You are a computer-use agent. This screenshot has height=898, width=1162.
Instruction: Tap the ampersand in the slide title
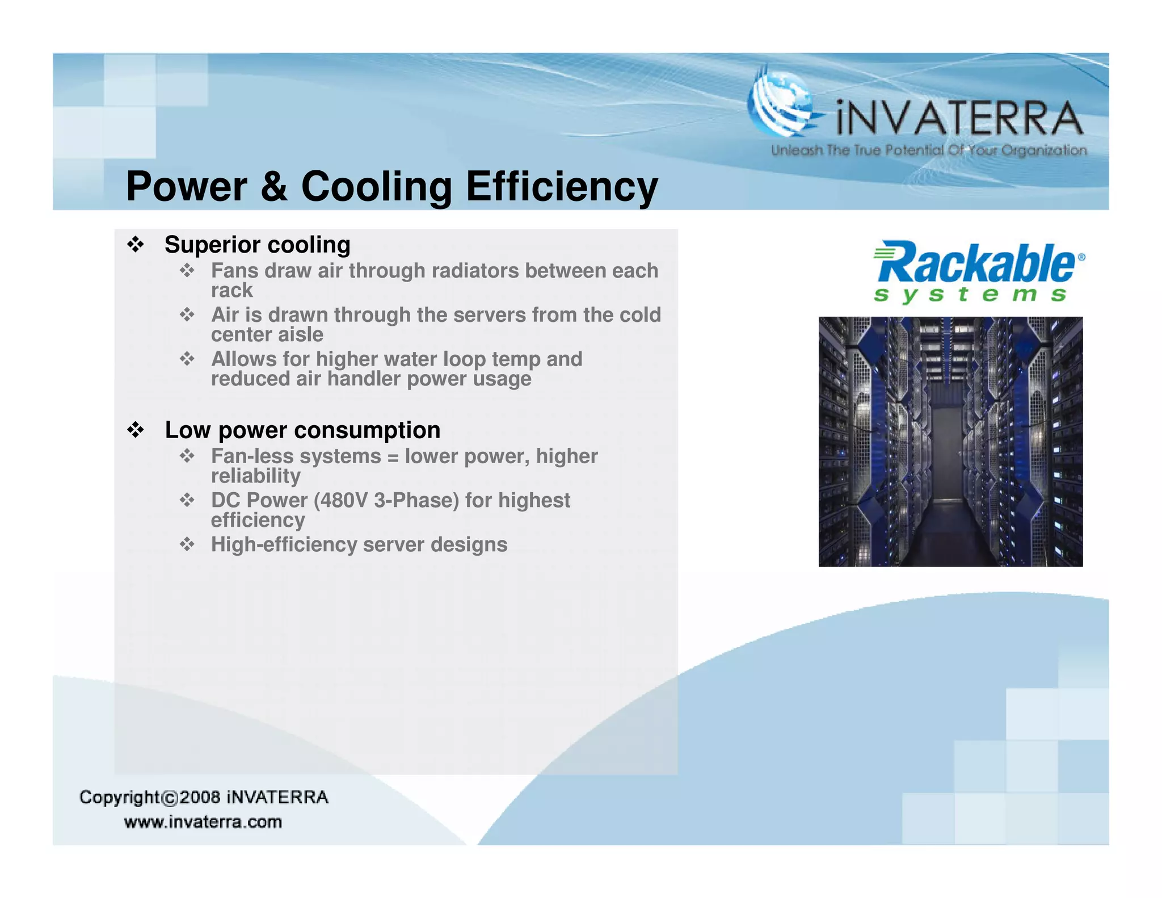[x=274, y=187]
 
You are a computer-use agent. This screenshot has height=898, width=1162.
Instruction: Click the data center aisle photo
[x=950, y=441]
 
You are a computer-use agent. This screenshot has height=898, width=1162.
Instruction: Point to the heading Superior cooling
[x=257, y=245]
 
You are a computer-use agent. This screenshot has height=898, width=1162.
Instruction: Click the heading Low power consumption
[x=302, y=430]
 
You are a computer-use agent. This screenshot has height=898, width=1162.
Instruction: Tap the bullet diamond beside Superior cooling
[x=136, y=245]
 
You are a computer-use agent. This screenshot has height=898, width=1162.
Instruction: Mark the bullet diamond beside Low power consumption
[x=136, y=430]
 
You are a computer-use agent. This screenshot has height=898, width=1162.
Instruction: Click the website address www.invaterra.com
[x=203, y=822]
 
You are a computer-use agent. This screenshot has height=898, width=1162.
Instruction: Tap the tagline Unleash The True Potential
[x=928, y=150]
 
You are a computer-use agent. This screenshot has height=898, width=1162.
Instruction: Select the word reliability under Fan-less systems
[x=255, y=476]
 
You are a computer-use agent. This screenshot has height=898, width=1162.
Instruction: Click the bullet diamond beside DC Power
[x=187, y=500]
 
